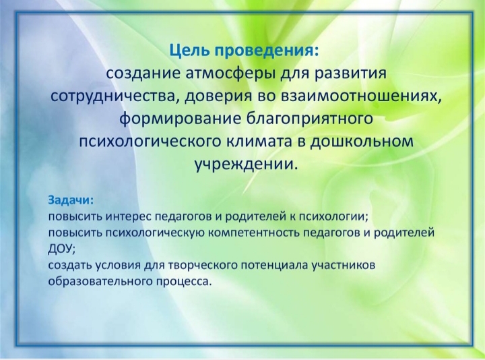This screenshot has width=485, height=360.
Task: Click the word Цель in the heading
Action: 189,51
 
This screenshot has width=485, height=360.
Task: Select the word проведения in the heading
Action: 265,51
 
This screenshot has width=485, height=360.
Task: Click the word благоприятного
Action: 310,119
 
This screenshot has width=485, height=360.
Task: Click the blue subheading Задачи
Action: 71,200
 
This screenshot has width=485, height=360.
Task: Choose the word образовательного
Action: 100,282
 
